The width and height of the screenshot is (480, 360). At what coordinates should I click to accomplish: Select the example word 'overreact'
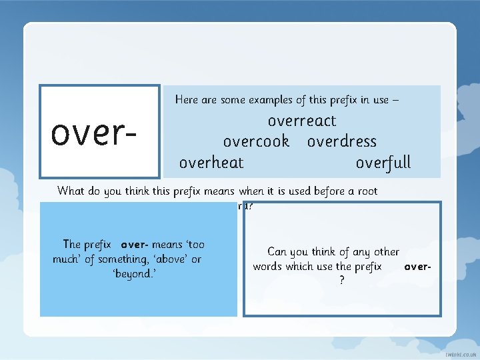click(x=302, y=121)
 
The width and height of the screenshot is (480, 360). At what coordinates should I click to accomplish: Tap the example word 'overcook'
click(x=256, y=142)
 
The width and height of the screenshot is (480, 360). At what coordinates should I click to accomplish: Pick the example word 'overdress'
click(x=342, y=142)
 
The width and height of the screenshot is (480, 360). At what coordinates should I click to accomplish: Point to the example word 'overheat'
click(x=211, y=163)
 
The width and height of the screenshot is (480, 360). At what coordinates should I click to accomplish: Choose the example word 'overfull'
click(x=383, y=163)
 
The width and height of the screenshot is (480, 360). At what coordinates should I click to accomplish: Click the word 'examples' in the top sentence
click(x=275, y=100)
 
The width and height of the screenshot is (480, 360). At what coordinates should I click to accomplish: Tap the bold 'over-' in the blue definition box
click(x=135, y=245)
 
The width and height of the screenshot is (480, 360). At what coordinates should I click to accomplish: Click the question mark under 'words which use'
click(x=342, y=281)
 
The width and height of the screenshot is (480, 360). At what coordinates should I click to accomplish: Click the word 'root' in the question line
click(x=366, y=191)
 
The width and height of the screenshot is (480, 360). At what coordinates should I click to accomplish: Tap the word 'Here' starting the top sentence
click(x=186, y=100)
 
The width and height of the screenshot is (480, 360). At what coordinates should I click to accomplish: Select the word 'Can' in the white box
click(x=277, y=252)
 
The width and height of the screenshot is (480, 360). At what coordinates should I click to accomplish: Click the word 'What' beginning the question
click(x=71, y=191)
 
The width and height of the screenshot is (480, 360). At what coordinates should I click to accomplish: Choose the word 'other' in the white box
click(x=387, y=252)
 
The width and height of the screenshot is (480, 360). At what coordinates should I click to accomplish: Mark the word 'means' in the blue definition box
click(x=167, y=245)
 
